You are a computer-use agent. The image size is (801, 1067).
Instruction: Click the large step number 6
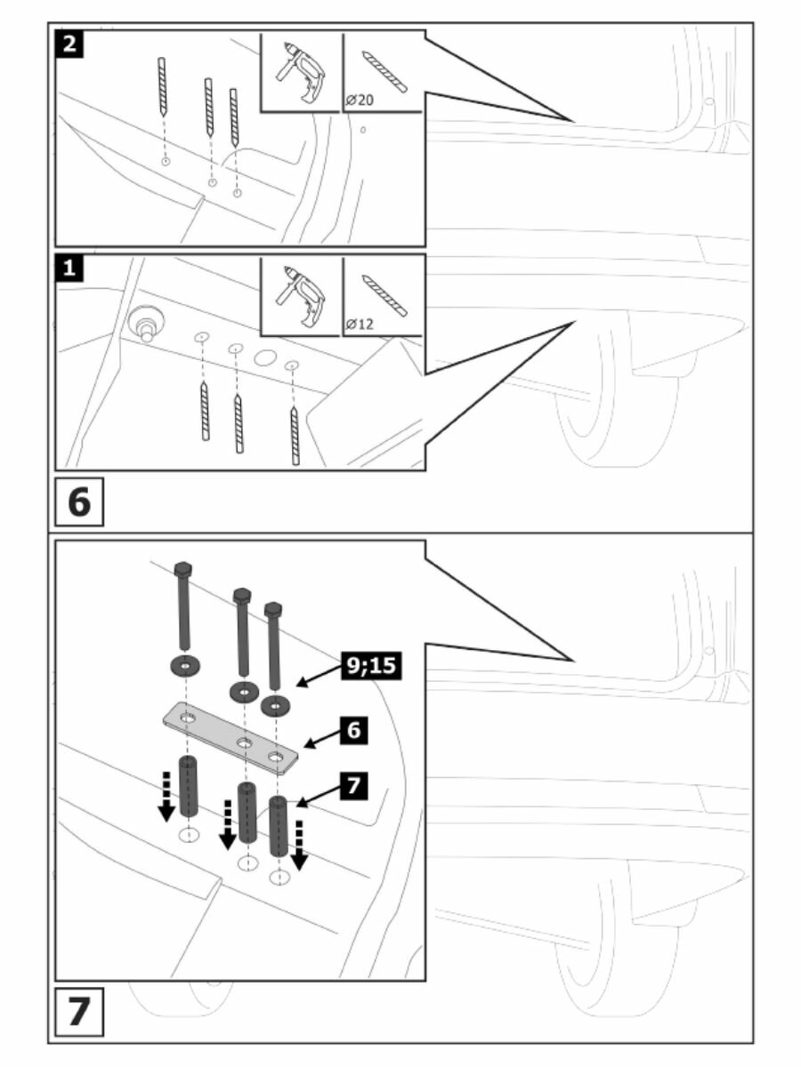click(x=79, y=501)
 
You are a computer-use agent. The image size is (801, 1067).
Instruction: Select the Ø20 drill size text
click(x=359, y=101)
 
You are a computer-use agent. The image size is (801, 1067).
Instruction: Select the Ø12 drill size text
click(x=359, y=324)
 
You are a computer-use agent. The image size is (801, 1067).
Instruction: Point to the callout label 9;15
click(x=369, y=663)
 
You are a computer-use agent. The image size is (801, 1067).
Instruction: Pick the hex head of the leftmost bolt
click(x=182, y=569)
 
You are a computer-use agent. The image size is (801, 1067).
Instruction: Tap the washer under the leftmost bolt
click(x=183, y=665)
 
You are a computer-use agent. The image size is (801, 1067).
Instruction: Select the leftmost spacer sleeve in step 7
click(x=188, y=786)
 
